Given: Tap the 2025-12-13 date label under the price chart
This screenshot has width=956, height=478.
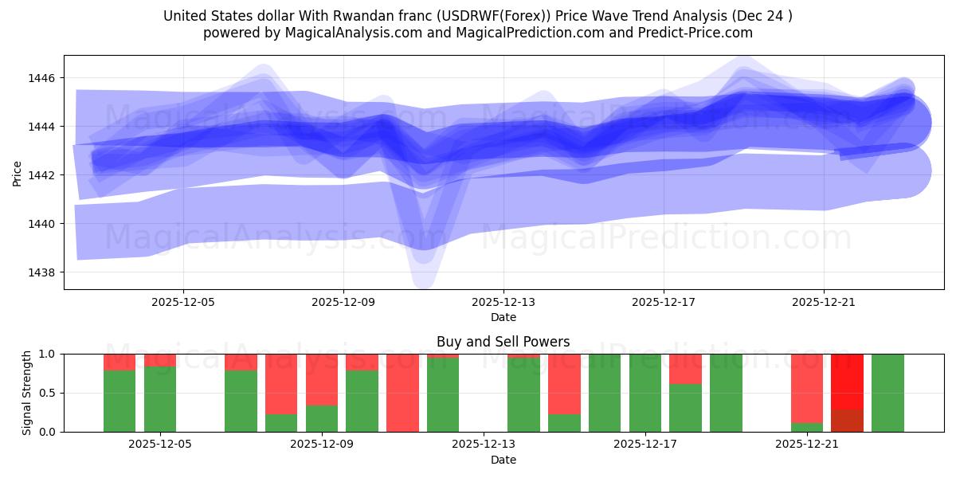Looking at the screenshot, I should [503, 303].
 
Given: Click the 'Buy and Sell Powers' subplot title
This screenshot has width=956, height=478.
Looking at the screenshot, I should [503, 342].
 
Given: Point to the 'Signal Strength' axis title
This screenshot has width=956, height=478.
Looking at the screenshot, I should [27, 393].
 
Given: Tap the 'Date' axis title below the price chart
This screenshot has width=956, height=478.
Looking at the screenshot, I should [503, 317].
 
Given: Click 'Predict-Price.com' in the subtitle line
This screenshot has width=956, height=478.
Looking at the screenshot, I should [698, 33].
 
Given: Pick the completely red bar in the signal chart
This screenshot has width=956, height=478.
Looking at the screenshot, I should [402, 393].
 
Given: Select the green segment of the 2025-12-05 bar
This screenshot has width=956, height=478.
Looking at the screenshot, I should [160, 398].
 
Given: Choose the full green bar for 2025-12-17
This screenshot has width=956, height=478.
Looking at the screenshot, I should [645, 393].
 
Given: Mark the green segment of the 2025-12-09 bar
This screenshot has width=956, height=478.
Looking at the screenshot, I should [322, 418].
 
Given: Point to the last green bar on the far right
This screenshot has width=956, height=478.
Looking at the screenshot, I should [887, 393].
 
